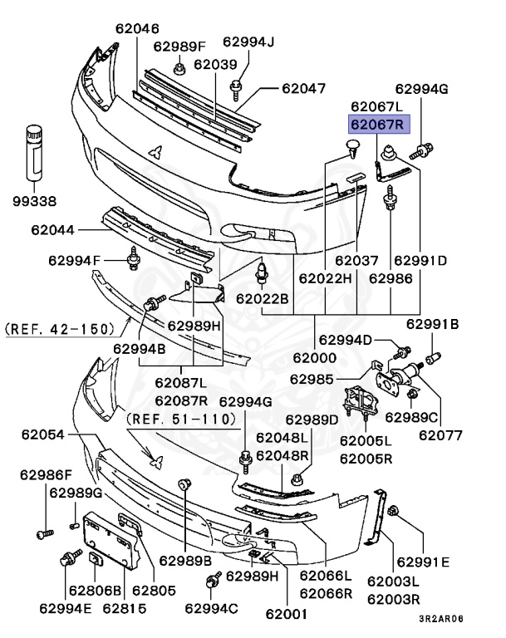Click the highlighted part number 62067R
coord(376,125)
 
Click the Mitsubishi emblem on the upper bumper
coord(155,151)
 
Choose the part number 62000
coord(314,358)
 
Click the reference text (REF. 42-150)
coord(59,329)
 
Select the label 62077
coord(440,434)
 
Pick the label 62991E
coord(423,562)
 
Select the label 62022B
coord(262,297)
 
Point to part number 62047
coord(303,88)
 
